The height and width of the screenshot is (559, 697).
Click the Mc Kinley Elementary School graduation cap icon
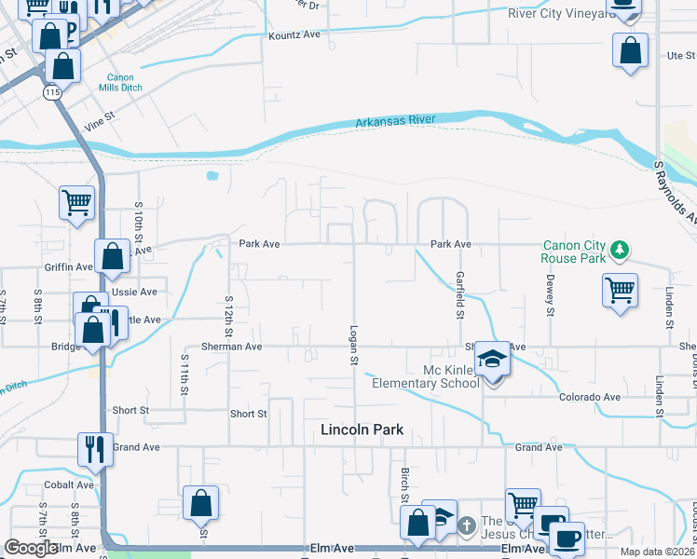coord(492,360)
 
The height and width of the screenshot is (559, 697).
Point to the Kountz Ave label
coord(294,34)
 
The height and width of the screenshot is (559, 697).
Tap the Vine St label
coord(98,118)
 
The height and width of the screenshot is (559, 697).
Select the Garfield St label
coord(459,293)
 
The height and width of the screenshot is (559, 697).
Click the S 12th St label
coord(228,315)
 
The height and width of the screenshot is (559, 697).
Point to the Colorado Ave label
coord(589,397)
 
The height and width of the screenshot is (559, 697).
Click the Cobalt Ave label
coord(72,484)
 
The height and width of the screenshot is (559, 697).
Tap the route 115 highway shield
coord(50,93)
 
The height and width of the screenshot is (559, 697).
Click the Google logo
coord(31,548)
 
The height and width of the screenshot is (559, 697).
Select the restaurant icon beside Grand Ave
coord(95,449)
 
